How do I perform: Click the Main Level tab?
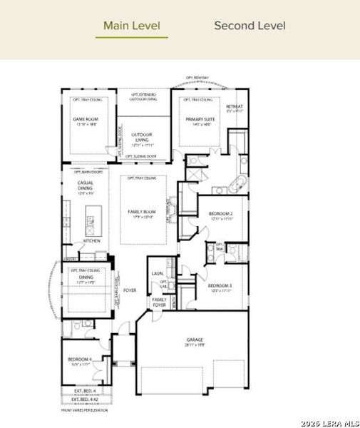132,26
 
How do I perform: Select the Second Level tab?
250,26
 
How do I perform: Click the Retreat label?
235,108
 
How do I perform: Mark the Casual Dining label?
85,186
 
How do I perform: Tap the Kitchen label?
92,240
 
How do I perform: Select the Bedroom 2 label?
221,215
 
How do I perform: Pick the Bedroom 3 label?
221,286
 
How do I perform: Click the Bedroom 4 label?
78,360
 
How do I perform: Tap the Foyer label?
130,290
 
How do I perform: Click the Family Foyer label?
159,302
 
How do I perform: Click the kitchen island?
91,216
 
